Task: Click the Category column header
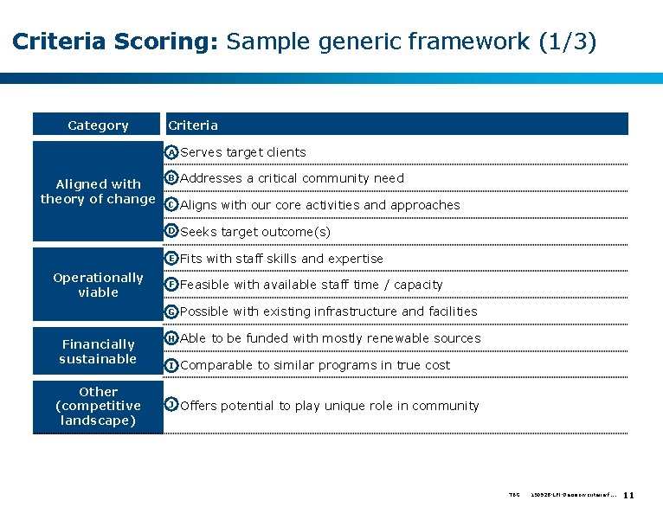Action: click(98, 125)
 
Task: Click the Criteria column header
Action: click(193, 125)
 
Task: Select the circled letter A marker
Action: click(172, 152)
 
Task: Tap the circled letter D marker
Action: click(172, 231)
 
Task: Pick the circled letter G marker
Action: click(172, 311)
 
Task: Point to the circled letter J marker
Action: click(172, 405)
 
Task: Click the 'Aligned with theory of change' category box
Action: click(98, 191)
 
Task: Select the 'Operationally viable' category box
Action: click(98, 285)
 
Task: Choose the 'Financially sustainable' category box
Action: click(98, 351)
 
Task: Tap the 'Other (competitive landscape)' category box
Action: click(98, 406)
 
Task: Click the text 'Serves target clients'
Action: click(243, 152)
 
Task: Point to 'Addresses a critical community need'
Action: click(292, 178)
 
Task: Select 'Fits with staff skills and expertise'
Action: click(281, 259)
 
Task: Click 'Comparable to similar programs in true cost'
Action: click(315, 365)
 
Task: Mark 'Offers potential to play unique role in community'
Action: click(330, 406)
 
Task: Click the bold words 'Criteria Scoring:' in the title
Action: click(115, 41)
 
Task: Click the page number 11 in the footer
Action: click(629, 495)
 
